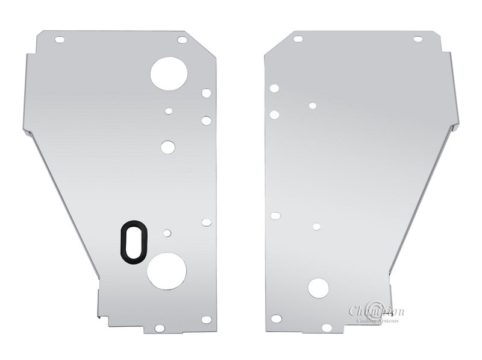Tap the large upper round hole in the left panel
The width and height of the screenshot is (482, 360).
[169, 73]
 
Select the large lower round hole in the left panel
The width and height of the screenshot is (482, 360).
[166, 271]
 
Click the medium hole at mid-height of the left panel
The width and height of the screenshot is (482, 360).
[168, 147]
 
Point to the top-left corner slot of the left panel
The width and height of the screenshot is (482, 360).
[60, 40]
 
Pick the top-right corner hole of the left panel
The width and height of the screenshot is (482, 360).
[182, 40]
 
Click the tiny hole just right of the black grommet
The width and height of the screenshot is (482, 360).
[167, 233]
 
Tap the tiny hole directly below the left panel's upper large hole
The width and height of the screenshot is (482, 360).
[169, 111]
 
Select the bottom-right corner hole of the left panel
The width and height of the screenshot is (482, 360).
[206, 320]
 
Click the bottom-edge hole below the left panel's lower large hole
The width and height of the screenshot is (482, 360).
[160, 328]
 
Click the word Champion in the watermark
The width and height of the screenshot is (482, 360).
[377, 311]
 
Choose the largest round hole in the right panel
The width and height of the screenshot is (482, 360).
[318, 288]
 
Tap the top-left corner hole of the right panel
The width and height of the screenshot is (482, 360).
[298, 39]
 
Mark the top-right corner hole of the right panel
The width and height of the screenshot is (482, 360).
[418, 39]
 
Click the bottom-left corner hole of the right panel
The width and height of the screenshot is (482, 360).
[277, 318]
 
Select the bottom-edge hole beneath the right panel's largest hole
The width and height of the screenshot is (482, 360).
[327, 327]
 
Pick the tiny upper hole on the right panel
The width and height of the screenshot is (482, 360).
[313, 106]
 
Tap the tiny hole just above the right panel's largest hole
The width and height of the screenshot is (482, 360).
[316, 227]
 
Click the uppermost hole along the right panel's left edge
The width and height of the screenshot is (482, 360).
[274, 88]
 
